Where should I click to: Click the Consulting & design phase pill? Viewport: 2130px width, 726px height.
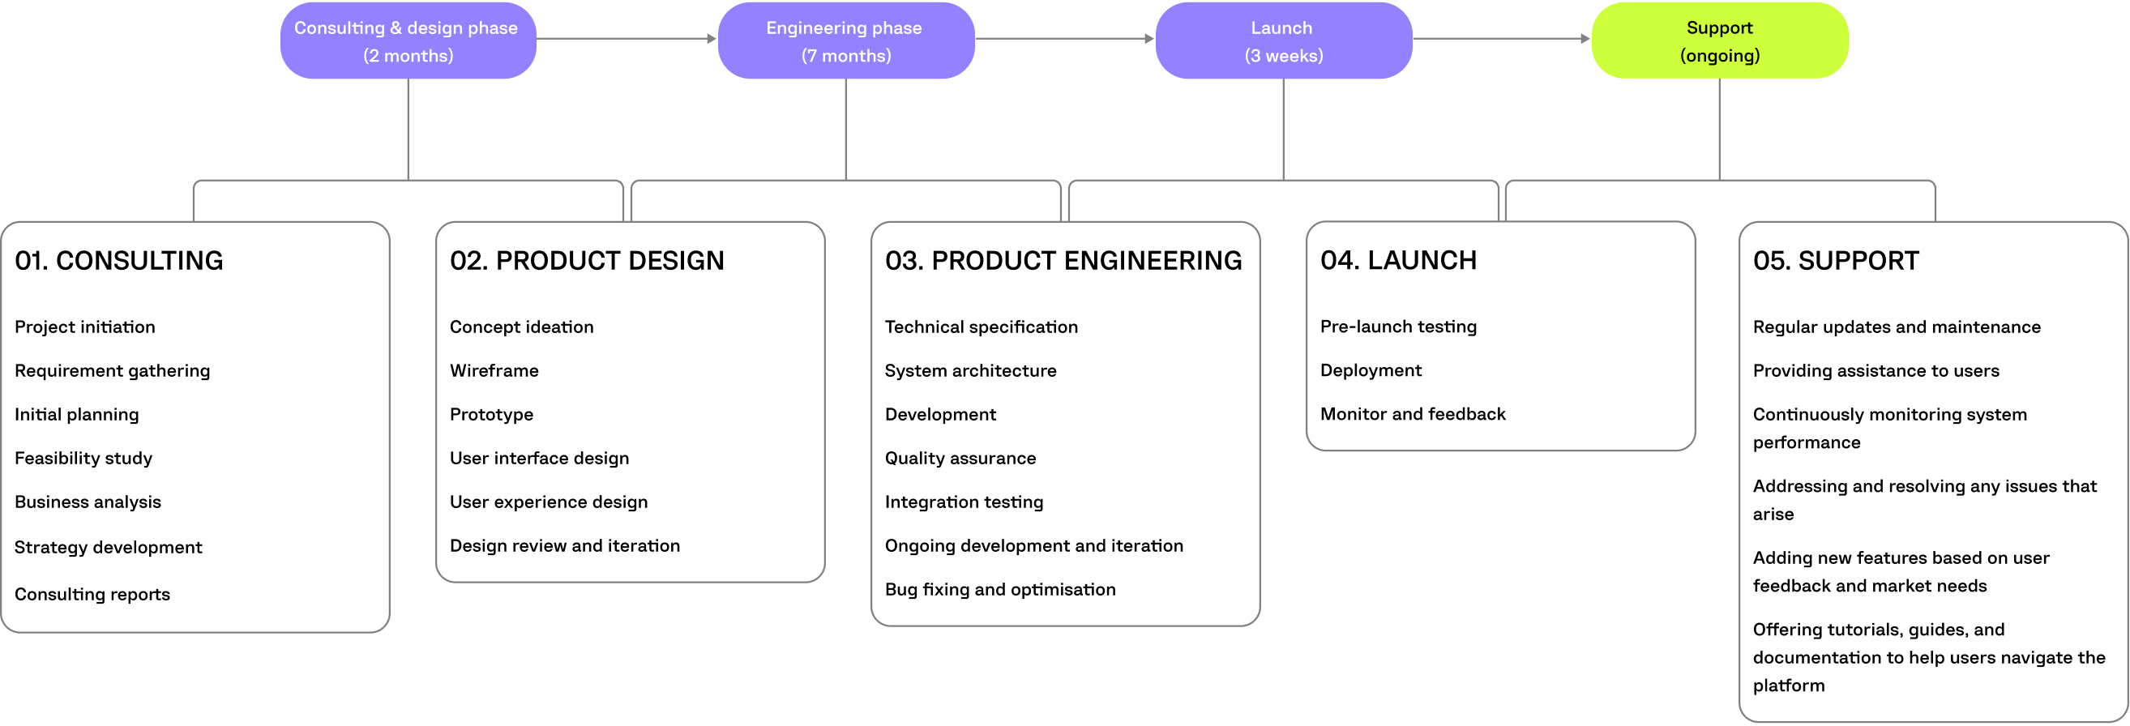(x=408, y=41)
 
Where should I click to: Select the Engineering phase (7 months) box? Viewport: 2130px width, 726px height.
(x=845, y=41)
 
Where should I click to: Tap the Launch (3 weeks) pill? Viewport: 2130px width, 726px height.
(x=1282, y=41)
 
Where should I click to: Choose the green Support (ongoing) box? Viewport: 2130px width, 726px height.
(x=1719, y=41)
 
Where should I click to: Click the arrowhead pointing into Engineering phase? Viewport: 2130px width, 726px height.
(x=712, y=38)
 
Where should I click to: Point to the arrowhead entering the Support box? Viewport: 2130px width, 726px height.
(x=1585, y=38)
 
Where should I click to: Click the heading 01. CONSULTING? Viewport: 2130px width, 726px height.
(x=119, y=260)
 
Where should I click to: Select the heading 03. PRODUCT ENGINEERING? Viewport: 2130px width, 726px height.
(x=1063, y=260)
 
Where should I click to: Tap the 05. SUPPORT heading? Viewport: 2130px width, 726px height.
(x=1835, y=260)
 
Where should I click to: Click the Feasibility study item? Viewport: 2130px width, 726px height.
(x=83, y=458)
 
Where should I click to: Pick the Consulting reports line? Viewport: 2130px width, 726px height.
(x=92, y=594)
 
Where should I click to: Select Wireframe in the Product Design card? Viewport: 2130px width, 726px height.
(x=494, y=370)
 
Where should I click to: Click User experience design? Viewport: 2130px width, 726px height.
(x=548, y=502)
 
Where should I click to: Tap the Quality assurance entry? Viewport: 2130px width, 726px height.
(x=959, y=458)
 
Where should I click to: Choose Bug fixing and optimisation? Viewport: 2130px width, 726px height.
(x=999, y=590)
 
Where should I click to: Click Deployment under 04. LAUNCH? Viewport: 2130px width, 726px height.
(x=1370, y=370)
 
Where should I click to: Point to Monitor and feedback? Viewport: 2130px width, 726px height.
(x=1412, y=414)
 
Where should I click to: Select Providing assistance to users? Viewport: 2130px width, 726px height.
(x=1876, y=370)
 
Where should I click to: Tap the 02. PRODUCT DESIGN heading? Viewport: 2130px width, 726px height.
(x=586, y=260)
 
